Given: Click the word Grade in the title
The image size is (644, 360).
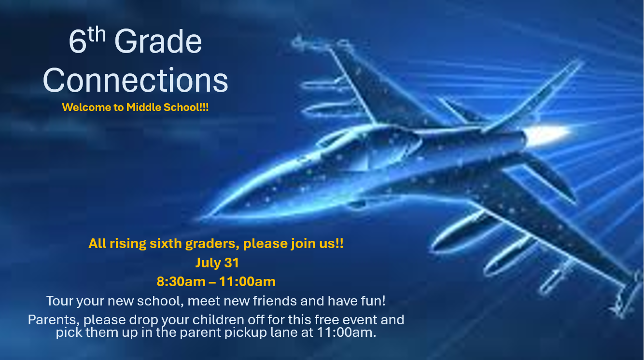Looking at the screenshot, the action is coord(158,41).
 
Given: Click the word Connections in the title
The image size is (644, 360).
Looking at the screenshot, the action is coord(135,80).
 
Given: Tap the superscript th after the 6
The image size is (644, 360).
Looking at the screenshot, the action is coord(97,34).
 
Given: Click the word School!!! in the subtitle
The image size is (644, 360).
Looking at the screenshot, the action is coord(186,107).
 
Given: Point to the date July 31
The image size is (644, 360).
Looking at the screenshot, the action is coord(217,263).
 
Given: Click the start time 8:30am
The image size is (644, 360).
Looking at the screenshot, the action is coord(181,281).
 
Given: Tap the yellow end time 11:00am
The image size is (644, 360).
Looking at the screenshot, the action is coord(247,281).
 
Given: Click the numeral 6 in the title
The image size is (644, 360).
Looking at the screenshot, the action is coord(78,42).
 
